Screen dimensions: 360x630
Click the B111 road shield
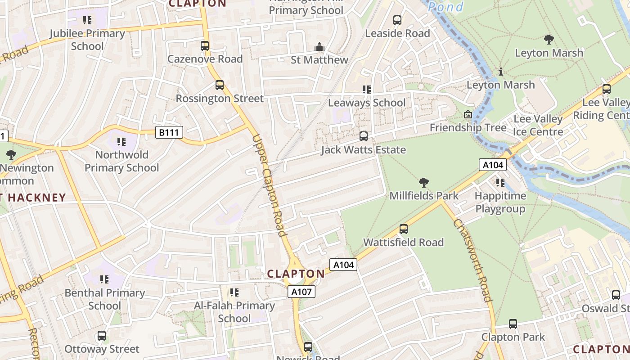click(x=169, y=132)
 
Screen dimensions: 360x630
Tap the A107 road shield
click(x=301, y=292)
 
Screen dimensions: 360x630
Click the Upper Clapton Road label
click(x=270, y=185)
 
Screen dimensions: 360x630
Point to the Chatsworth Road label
click(x=472, y=260)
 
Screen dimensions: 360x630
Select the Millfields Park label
click(x=424, y=196)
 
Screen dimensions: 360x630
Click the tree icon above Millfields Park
click(x=423, y=183)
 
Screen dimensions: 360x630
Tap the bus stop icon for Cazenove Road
click(x=205, y=45)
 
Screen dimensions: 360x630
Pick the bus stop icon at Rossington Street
click(x=220, y=85)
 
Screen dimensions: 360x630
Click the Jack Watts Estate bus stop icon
click(x=363, y=136)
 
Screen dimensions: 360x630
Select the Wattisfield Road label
click(x=403, y=242)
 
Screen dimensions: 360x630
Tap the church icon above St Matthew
click(x=319, y=47)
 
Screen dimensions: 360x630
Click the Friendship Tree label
click(x=468, y=127)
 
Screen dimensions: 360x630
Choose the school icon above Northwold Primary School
click(x=121, y=142)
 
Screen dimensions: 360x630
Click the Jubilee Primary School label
click(x=87, y=40)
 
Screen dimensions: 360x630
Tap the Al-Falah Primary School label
click(x=234, y=312)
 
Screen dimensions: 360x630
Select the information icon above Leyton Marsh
click(x=500, y=72)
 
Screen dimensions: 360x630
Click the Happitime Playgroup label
click(x=500, y=202)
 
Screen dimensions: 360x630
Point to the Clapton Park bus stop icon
click(x=513, y=324)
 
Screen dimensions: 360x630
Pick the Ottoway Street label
click(x=102, y=349)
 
